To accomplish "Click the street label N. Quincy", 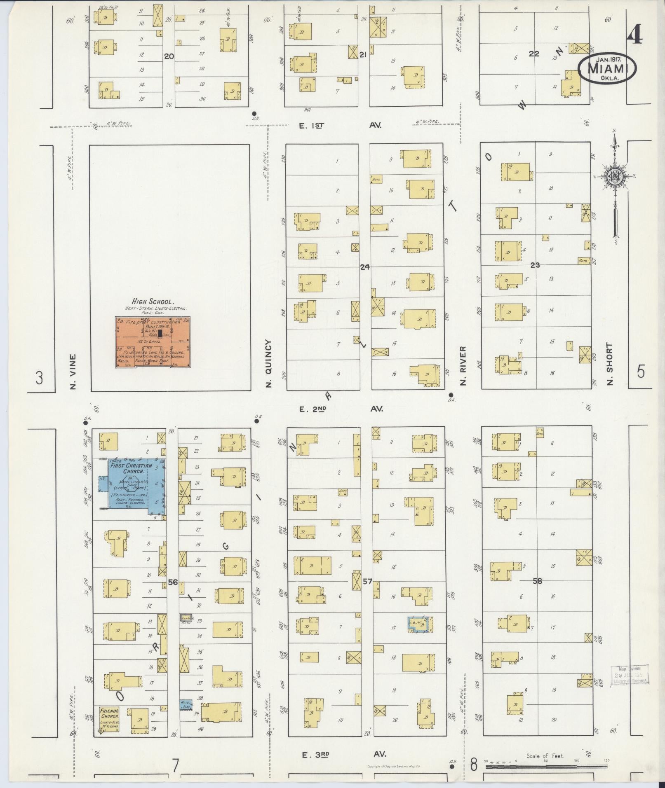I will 269,363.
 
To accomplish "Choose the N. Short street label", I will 610,364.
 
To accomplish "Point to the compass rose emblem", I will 615,177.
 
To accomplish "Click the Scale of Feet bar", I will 545,767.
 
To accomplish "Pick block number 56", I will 173,582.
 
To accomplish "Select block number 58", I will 537,581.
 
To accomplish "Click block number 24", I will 364,267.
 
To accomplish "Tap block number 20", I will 169,56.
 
